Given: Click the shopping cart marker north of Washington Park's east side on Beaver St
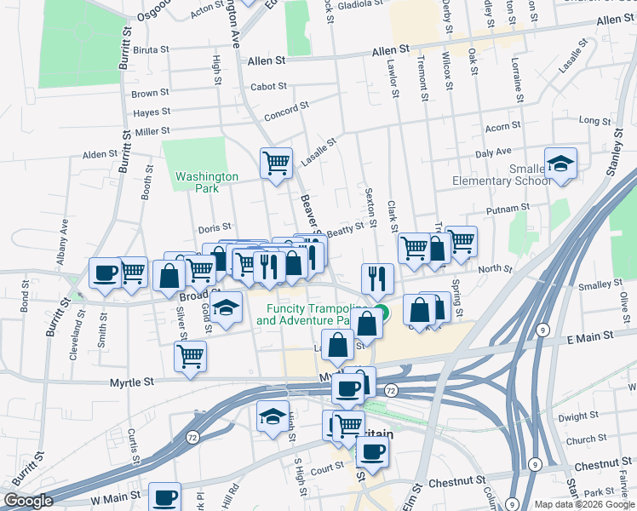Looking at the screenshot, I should pyautogui.click(x=276, y=162).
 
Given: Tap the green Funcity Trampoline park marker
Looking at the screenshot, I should pyautogui.click(x=382, y=313).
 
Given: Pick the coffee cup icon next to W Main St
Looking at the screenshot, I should pyautogui.click(x=165, y=497).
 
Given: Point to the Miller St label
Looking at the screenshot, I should pyautogui.click(x=152, y=131).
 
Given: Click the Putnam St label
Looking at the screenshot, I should pyautogui.click(x=508, y=207).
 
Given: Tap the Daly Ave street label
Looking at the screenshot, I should pyautogui.click(x=493, y=152).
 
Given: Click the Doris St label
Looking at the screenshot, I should pyautogui.click(x=215, y=227).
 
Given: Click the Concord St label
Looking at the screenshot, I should pyautogui.click(x=285, y=110).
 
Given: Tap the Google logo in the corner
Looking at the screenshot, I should pyautogui.click(x=28, y=501).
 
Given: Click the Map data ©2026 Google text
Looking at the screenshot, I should pyautogui.click(x=583, y=504).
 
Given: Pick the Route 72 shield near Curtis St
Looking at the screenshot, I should pyautogui.click(x=193, y=437).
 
